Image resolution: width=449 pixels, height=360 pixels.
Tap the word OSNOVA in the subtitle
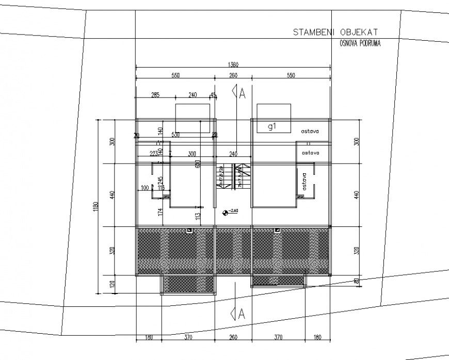[349, 44]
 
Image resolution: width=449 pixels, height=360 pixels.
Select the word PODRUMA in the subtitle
[370, 44]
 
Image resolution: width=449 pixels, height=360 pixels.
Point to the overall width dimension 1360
[233, 65]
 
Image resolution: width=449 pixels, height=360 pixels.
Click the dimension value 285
[155, 95]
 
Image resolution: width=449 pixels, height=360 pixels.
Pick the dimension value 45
[213, 95]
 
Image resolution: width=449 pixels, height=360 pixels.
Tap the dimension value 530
[175, 135]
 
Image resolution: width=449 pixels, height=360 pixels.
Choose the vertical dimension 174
[161, 211]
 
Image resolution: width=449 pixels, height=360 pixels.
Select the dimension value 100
[145, 188]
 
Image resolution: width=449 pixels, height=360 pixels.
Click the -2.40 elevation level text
[233, 211]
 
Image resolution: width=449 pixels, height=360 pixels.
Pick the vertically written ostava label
[305, 182]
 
